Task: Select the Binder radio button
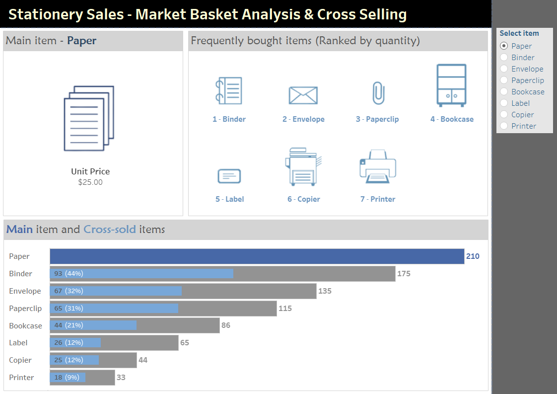504,58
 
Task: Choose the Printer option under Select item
504,126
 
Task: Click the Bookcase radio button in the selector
504,92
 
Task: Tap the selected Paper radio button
504,46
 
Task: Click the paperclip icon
378,93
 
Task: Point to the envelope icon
303,95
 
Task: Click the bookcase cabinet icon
451,85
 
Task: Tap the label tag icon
229,176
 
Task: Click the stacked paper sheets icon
90,118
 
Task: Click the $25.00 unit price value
90,182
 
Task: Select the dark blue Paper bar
257,256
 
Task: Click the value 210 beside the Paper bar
473,256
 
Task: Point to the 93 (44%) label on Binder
69,274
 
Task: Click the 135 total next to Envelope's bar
325,291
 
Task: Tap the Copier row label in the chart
20,360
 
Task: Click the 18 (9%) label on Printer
67,378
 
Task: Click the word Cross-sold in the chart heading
109,230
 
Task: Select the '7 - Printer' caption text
378,199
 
